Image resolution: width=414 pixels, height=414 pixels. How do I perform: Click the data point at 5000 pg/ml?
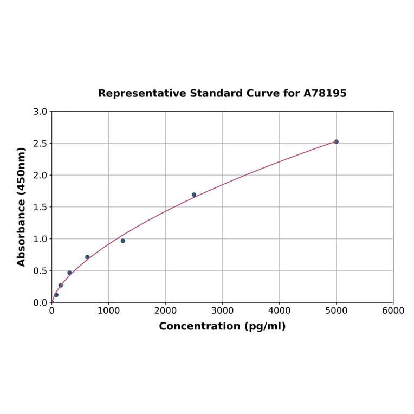336,141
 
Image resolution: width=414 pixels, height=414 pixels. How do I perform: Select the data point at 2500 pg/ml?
194,195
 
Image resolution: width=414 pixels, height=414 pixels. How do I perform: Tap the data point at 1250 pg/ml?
123,241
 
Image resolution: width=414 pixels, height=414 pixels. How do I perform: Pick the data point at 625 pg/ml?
87,257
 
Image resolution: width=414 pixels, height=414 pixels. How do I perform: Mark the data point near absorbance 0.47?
69,273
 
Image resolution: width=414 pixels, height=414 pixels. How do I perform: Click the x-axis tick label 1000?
108,310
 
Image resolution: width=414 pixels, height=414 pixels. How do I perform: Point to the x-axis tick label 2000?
165,310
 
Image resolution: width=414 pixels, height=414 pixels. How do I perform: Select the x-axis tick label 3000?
222,310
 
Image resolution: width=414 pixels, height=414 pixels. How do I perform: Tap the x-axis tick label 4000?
279,310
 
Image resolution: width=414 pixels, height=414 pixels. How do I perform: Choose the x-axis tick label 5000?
336,310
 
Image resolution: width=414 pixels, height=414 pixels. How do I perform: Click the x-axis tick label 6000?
393,310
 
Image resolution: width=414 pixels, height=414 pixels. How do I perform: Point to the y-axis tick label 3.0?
40,112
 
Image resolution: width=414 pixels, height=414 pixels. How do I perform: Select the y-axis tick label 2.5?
40,144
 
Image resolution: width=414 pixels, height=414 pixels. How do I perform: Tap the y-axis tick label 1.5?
40,207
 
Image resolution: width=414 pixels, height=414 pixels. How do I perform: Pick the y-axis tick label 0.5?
40,271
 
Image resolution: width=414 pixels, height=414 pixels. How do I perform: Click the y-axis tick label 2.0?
40,175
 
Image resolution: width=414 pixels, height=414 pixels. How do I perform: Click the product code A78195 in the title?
325,93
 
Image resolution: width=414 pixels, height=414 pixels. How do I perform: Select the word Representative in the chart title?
142,93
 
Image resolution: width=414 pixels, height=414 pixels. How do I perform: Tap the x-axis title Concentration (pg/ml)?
222,326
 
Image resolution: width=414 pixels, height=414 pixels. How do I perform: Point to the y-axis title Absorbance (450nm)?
22,206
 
